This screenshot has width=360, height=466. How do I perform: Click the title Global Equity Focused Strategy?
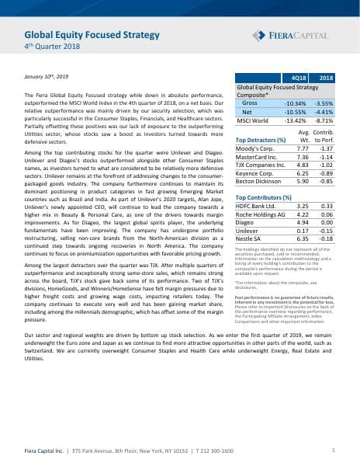pos(92,35)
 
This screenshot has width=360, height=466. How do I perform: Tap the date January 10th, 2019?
pos(47,77)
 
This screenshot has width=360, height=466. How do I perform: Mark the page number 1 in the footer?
pos(334,450)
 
